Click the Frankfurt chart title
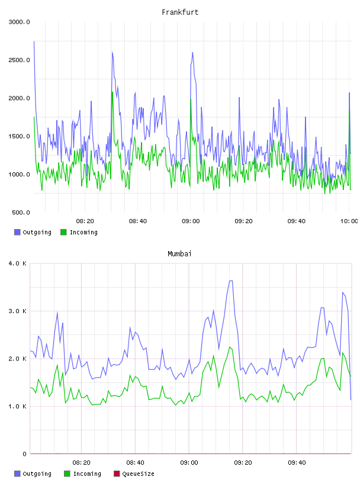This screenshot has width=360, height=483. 180,12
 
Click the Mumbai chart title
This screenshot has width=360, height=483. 179,254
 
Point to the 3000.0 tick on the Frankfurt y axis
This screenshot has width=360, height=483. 19,22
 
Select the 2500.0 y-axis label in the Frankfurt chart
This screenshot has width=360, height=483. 19,60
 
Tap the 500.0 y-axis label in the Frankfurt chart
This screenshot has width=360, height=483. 21,212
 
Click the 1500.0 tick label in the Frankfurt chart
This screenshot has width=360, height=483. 19,136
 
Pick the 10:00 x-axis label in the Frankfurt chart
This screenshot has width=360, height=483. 349,221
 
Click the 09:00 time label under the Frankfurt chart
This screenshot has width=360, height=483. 191,221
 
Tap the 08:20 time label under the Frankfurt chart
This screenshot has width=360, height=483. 85,221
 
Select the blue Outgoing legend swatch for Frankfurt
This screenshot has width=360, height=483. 17,232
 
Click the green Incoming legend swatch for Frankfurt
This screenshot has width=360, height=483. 63,232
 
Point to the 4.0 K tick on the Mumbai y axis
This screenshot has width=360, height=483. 18,263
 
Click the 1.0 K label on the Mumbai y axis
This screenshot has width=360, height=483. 18,407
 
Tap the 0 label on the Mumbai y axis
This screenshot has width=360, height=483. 25,454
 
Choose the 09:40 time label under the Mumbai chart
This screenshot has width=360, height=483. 297,463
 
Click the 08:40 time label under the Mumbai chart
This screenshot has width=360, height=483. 136,463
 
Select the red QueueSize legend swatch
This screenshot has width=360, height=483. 117,474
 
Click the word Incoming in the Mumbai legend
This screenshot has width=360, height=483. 87,474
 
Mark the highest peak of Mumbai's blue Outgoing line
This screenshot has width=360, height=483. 230,281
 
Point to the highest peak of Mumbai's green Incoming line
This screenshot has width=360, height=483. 230,347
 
